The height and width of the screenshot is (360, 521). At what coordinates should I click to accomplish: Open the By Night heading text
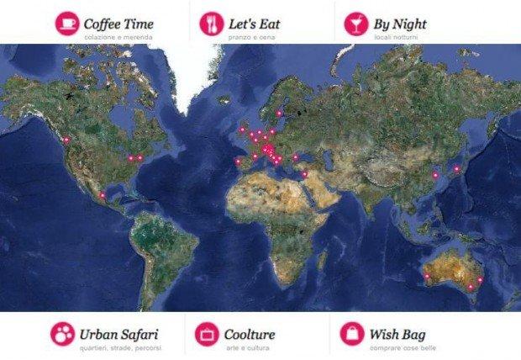coord(398,23)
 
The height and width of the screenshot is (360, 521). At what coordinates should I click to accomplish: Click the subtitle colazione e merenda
coord(114,38)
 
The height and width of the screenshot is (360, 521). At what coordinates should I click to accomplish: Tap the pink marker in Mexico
coord(102,196)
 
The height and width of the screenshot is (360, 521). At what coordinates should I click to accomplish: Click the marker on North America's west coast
coord(66,140)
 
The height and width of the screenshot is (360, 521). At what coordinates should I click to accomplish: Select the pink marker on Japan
coord(455,168)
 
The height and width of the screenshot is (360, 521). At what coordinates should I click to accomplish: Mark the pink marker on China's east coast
coord(434,174)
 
